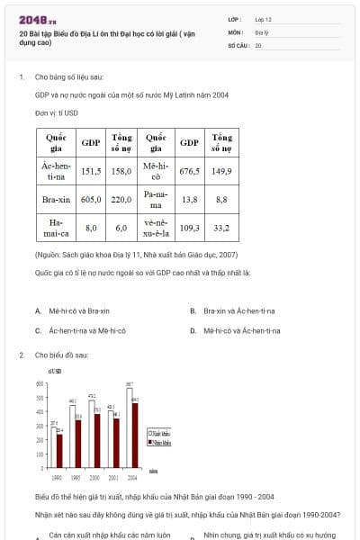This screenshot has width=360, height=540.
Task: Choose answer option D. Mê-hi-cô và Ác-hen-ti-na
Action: click(237, 330)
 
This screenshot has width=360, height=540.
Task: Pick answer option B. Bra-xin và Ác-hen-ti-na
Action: click(237, 310)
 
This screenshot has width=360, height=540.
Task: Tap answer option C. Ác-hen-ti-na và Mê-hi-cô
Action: click(83, 330)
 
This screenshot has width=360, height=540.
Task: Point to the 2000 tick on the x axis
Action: click(94, 475)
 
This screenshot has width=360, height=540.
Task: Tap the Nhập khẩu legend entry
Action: click(158, 442)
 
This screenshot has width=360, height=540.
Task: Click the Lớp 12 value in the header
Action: click(262, 18)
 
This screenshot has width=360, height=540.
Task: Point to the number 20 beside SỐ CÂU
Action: click(258, 43)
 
